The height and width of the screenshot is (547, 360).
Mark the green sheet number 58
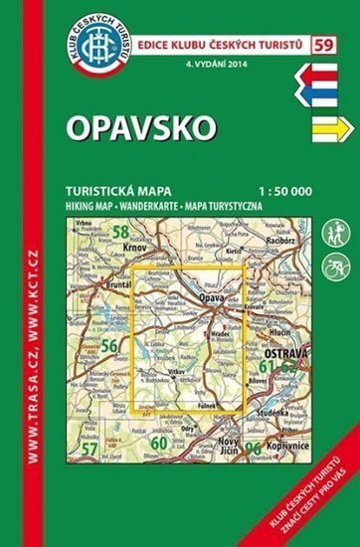click(121, 234)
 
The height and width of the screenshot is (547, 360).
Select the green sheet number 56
click(110, 345)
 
